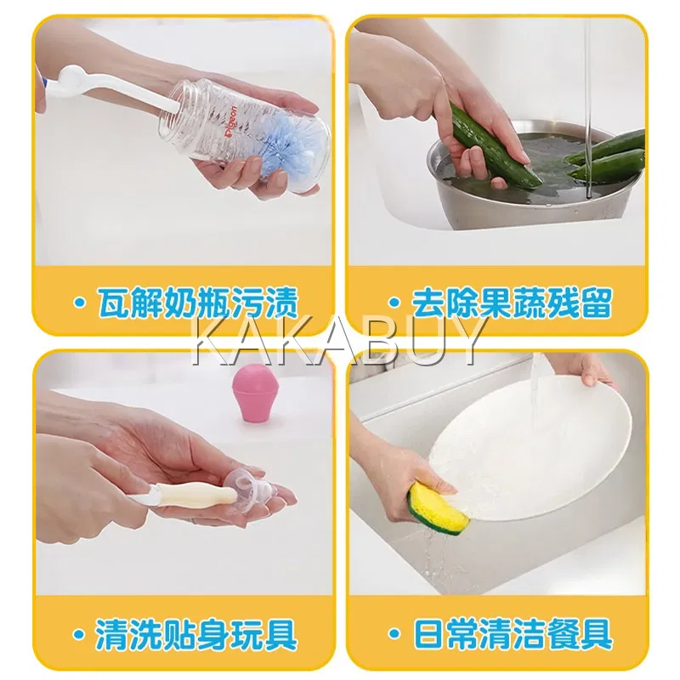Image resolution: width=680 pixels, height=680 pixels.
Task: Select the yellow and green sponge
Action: pyautogui.click(x=438, y=507)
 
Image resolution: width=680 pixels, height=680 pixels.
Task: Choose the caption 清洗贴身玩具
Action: pyautogui.click(x=196, y=634)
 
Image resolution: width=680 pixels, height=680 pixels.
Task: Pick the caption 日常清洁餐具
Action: pyautogui.click(x=513, y=634)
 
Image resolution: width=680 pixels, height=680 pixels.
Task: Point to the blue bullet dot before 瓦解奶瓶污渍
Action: pyautogui.click(x=79, y=303)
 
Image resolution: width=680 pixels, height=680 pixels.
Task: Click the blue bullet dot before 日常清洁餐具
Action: pyautogui.click(x=394, y=634)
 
